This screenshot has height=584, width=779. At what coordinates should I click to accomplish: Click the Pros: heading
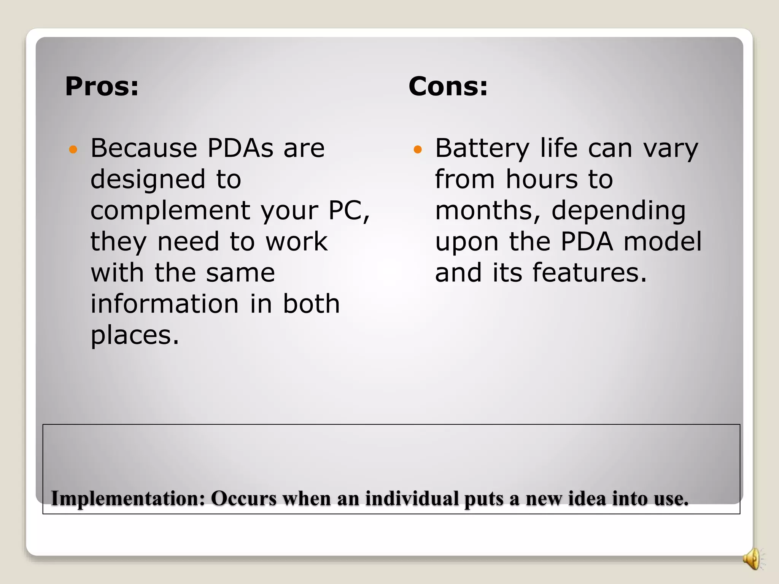coord(102,87)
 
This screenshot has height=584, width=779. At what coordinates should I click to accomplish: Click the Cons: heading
coord(448,87)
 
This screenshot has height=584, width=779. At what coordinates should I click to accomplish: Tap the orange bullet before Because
coord(73,149)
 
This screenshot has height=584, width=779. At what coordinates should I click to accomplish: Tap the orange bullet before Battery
coord(418,149)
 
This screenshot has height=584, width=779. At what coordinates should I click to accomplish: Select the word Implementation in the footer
coord(128,498)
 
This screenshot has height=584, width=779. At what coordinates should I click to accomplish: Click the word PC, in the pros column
coord(349,211)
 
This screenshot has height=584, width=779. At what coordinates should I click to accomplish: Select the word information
coord(164,304)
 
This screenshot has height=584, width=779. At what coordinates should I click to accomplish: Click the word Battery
coord(482,149)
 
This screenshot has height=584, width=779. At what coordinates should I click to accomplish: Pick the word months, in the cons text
coord(488,211)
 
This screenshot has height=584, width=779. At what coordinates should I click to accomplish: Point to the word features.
coord(589,273)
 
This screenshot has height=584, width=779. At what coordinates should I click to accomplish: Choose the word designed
coord(148,180)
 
